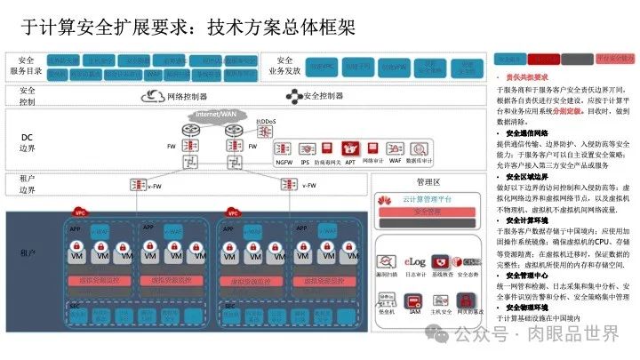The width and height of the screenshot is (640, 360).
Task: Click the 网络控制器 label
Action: click(x=187, y=96)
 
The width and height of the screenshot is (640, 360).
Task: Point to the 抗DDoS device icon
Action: click(x=263, y=132)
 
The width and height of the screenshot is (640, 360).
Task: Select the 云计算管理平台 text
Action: click(x=428, y=199)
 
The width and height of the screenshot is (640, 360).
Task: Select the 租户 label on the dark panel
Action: click(x=26, y=253)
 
